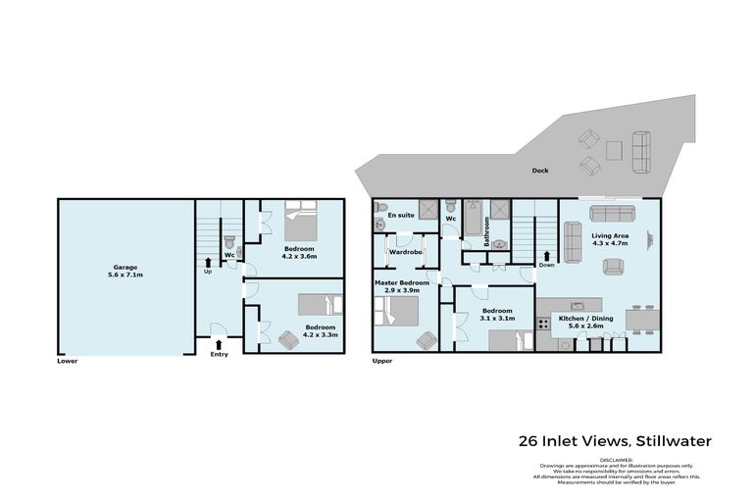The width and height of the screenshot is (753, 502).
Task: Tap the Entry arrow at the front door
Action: (x=219, y=343)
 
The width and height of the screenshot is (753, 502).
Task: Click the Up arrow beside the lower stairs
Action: (x=207, y=262)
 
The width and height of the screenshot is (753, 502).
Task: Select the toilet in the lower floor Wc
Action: (x=227, y=240)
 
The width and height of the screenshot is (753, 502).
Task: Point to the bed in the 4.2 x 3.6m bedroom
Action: (x=300, y=224)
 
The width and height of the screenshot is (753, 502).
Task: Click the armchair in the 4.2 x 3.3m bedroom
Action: (x=289, y=339)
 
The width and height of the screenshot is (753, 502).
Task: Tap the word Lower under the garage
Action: (x=67, y=361)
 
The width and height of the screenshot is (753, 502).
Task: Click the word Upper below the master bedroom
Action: (x=382, y=361)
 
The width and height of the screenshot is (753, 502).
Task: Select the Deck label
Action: (x=540, y=171)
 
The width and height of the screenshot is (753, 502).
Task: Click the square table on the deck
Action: (x=614, y=150)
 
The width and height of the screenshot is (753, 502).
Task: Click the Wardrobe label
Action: (x=405, y=252)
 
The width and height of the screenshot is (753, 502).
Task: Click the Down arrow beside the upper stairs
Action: (x=546, y=258)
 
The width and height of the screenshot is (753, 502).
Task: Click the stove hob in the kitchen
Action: (x=543, y=322)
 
